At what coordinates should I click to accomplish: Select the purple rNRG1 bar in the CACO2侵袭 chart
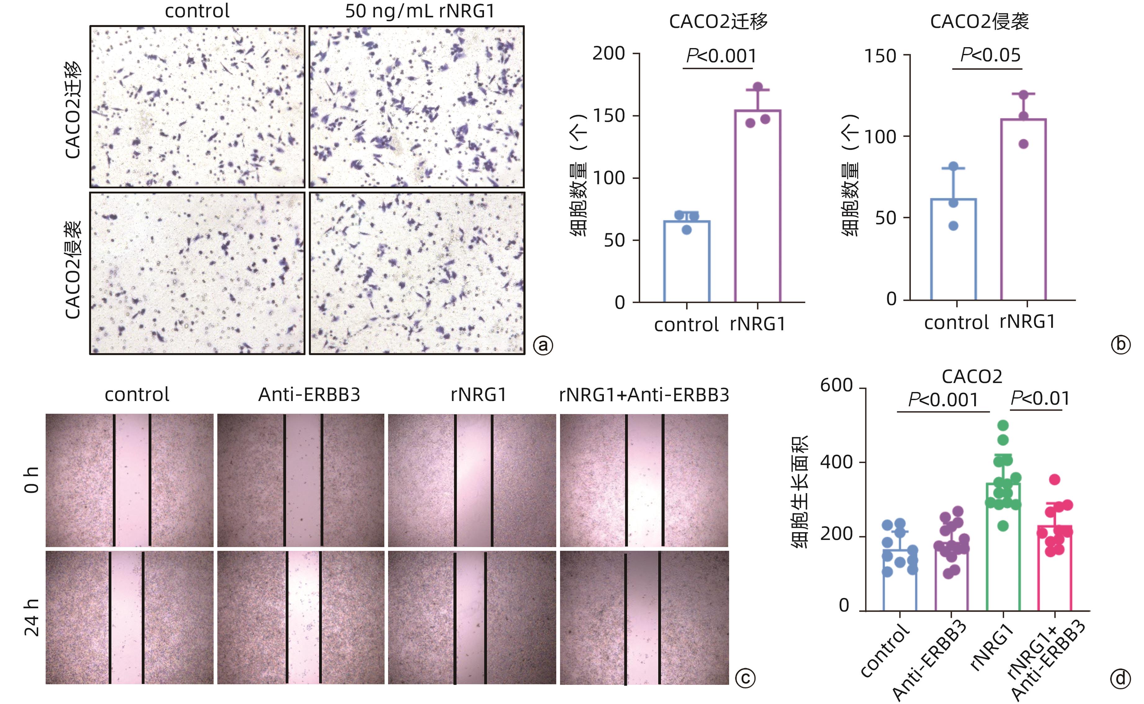(x=1023, y=210)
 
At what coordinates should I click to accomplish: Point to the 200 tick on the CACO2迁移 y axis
(x=608, y=54)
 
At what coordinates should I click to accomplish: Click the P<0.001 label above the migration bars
(x=721, y=56)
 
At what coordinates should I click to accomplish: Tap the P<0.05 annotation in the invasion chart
(x=990, y=55)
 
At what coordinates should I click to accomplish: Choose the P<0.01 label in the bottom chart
(x=1040, y=399)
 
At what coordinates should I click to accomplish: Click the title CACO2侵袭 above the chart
(x=979, y=21)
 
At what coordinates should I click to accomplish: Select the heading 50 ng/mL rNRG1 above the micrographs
(x=419, y=11)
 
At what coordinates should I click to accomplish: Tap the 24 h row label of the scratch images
(x=32, y=618)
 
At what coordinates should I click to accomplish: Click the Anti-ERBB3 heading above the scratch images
(x=309, y=395)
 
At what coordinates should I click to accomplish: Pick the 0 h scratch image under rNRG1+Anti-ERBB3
(x=644, y=480)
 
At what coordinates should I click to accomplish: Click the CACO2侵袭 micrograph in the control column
(x=197, y=273)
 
